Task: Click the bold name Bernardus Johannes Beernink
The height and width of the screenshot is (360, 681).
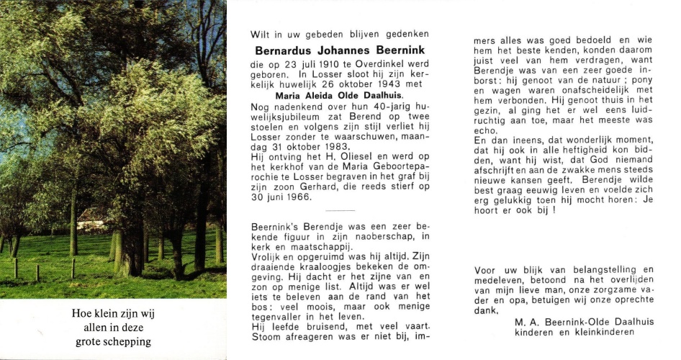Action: pos(340,50)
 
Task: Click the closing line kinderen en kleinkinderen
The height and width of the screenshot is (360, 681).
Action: pos(574,332)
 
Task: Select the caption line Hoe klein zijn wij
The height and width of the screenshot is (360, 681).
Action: pos(114,314)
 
